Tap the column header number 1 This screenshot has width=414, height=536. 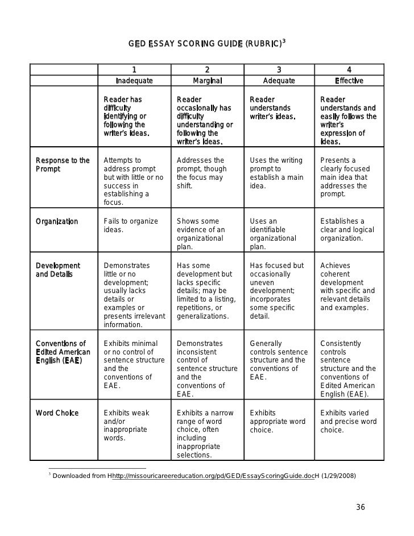134,70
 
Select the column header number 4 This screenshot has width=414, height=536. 349,70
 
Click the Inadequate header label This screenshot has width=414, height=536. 134,81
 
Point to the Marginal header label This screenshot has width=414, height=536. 207,81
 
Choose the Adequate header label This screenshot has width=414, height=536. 279,81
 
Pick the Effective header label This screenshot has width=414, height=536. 349,81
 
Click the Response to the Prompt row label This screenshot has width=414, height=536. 63,164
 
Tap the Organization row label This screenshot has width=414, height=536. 57,221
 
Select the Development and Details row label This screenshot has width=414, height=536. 58,270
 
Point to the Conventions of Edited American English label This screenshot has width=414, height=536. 63,352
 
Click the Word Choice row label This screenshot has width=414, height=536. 57,413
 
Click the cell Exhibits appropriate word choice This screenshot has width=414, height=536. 278,421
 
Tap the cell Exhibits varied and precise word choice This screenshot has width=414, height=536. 348,421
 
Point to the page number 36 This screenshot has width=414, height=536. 360,507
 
